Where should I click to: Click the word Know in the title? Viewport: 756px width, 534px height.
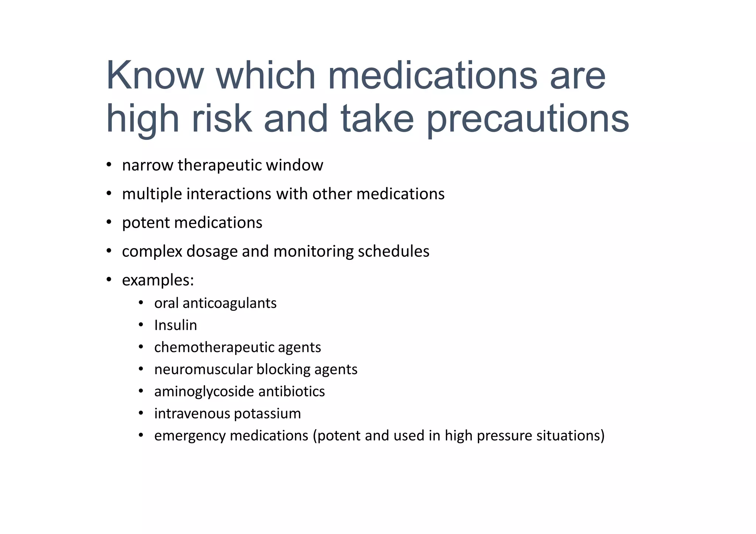click(x=155, y=75)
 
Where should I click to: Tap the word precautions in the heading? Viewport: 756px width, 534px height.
click(x=528, y=119)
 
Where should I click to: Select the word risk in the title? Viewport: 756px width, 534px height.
click(x=221, y=119)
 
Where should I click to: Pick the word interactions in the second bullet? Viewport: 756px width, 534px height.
click(x=229, y=194)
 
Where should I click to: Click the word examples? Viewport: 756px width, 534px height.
click(x=158, y=280)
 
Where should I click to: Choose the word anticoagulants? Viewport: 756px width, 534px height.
click(x=229, y=303)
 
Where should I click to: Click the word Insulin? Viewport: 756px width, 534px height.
click(x=176, y=325)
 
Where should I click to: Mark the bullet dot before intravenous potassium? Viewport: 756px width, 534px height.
click(x=141, y=413)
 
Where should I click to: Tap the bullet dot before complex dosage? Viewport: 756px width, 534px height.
click(x=109, y=251)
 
